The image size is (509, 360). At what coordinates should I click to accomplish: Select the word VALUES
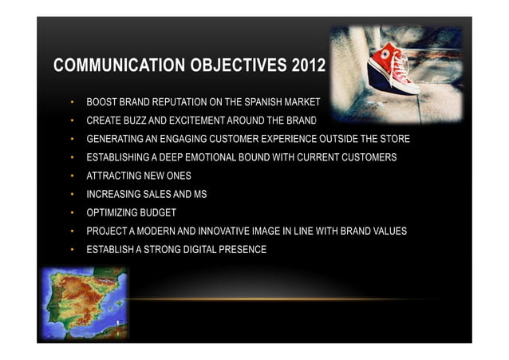click(x=388, y=231)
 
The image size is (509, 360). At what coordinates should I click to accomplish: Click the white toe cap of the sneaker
click(x=408, y=86)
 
